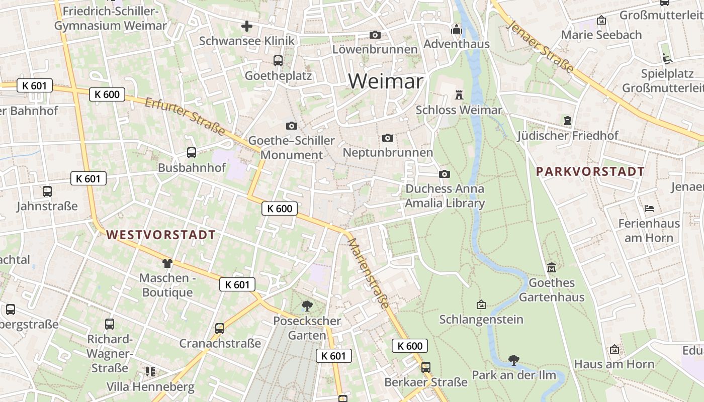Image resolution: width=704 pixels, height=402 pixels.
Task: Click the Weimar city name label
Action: click(x=386, y=80)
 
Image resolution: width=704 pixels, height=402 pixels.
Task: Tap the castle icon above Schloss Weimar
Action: click(x=459, y=94)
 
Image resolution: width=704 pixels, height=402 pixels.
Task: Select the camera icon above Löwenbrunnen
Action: click(x=375, y=35)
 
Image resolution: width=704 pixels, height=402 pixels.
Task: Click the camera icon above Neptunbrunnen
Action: click(x=387, y=138)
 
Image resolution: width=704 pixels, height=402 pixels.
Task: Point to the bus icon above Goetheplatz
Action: click(x=278, y=61)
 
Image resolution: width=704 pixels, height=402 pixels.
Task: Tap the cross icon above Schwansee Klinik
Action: click(x=246, y=26)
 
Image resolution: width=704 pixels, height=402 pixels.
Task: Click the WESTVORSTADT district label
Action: click(x=161, y=235)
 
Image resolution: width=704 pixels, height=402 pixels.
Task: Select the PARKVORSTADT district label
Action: click(x=590, y=171)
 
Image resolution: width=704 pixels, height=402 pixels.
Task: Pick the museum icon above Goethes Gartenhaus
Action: click(x=552, y=267)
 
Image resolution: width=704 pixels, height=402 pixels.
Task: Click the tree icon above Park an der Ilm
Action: click(x=513, y=360)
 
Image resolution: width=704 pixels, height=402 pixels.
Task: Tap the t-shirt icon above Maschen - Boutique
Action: click(x=167, y=263)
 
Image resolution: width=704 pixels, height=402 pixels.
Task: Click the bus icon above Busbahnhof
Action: click(x=191, y=152)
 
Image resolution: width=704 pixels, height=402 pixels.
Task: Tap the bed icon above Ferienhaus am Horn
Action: click(x=649, y=208)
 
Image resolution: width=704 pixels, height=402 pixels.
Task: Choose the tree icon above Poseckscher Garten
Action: click(x=307, y=306)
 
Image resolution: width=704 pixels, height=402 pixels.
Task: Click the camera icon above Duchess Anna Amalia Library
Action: click(x=445, y=174)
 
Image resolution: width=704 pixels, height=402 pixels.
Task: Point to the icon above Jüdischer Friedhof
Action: click(x=568, y=121)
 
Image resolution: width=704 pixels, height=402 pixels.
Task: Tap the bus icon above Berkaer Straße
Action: click(x=426, y=367)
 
